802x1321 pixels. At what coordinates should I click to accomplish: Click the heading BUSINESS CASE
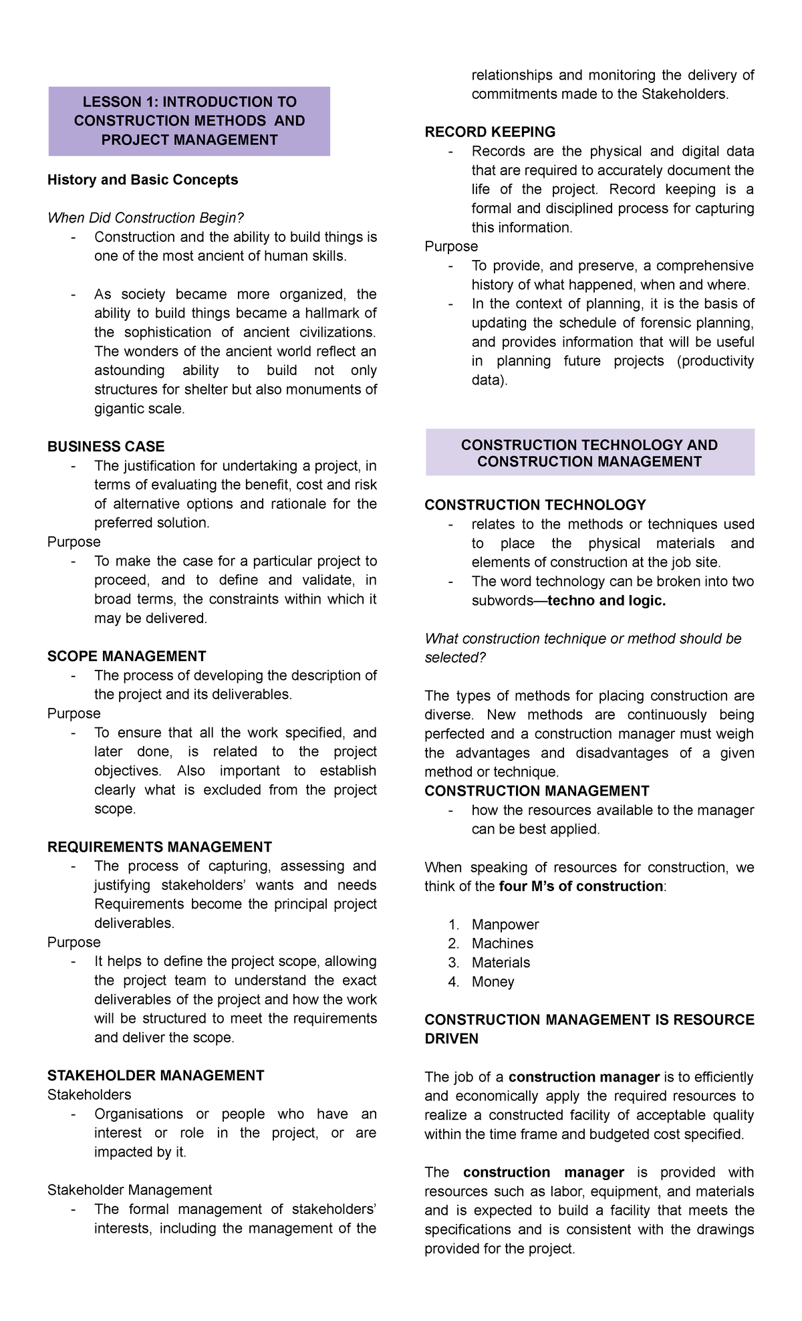106,447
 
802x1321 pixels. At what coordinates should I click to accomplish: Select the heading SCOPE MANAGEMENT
126,656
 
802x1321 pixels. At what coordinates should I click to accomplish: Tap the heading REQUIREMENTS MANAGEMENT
159,847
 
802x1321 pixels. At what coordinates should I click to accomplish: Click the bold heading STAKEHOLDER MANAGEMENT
156,1076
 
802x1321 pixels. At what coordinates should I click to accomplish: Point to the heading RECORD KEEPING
490,132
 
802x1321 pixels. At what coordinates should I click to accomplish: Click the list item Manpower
505,925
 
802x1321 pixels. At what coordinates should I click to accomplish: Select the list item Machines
502,943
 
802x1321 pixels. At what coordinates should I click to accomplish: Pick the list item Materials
501,963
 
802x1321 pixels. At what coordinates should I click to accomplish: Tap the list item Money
493,982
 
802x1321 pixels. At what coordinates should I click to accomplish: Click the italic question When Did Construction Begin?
146,218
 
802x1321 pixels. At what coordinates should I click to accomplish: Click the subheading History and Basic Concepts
142,180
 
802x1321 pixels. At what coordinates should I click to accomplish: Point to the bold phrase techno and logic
606,601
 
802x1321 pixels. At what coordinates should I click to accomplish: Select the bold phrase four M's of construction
581,886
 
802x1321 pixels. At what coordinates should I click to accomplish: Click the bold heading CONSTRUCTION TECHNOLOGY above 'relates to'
535,505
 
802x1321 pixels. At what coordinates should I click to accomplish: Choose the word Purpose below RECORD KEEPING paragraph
451,247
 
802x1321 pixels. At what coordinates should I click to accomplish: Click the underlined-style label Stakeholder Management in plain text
129,1190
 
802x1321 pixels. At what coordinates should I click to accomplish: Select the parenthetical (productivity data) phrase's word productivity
715,361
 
